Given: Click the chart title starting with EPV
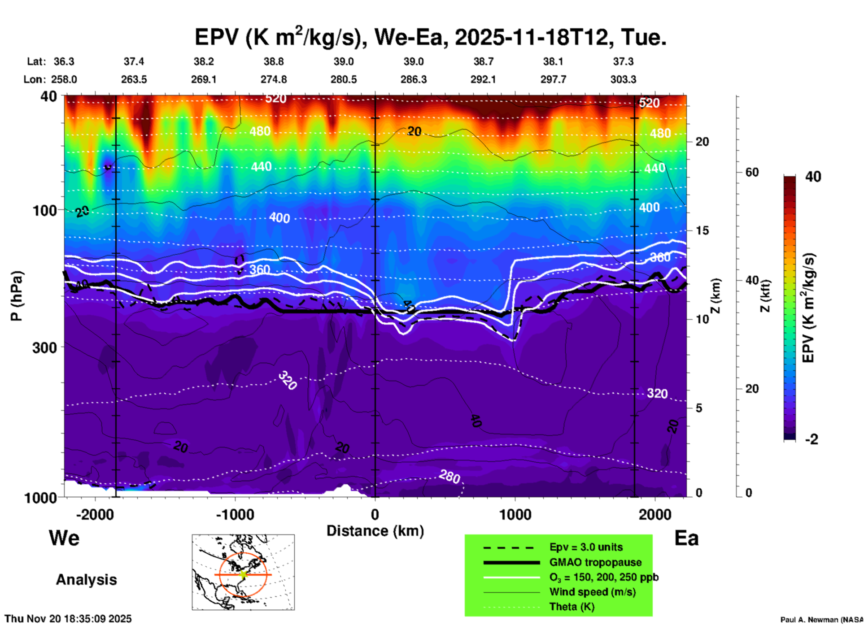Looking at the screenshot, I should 430,37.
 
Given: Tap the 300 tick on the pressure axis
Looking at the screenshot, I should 44,347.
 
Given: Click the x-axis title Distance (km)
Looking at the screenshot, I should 375,531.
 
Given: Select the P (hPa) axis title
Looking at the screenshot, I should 17,295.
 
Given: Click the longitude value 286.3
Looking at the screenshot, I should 413,79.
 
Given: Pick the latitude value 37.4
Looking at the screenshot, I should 134,61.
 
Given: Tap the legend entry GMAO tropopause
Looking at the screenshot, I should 595,562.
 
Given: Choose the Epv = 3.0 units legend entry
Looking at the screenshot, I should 586,547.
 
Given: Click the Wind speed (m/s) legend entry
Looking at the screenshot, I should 592,592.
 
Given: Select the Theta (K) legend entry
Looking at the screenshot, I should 572,607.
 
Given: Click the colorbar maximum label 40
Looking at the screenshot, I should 813,177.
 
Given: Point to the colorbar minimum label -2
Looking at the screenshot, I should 812,439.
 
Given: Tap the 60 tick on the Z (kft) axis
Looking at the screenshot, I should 752,172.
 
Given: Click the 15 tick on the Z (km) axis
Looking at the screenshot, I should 702,230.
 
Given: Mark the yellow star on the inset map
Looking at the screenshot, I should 243,574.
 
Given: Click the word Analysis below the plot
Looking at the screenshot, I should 86,579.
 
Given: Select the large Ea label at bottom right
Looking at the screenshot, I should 686,538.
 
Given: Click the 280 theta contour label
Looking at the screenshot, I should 449,477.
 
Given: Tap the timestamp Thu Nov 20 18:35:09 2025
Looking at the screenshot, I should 68,619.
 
